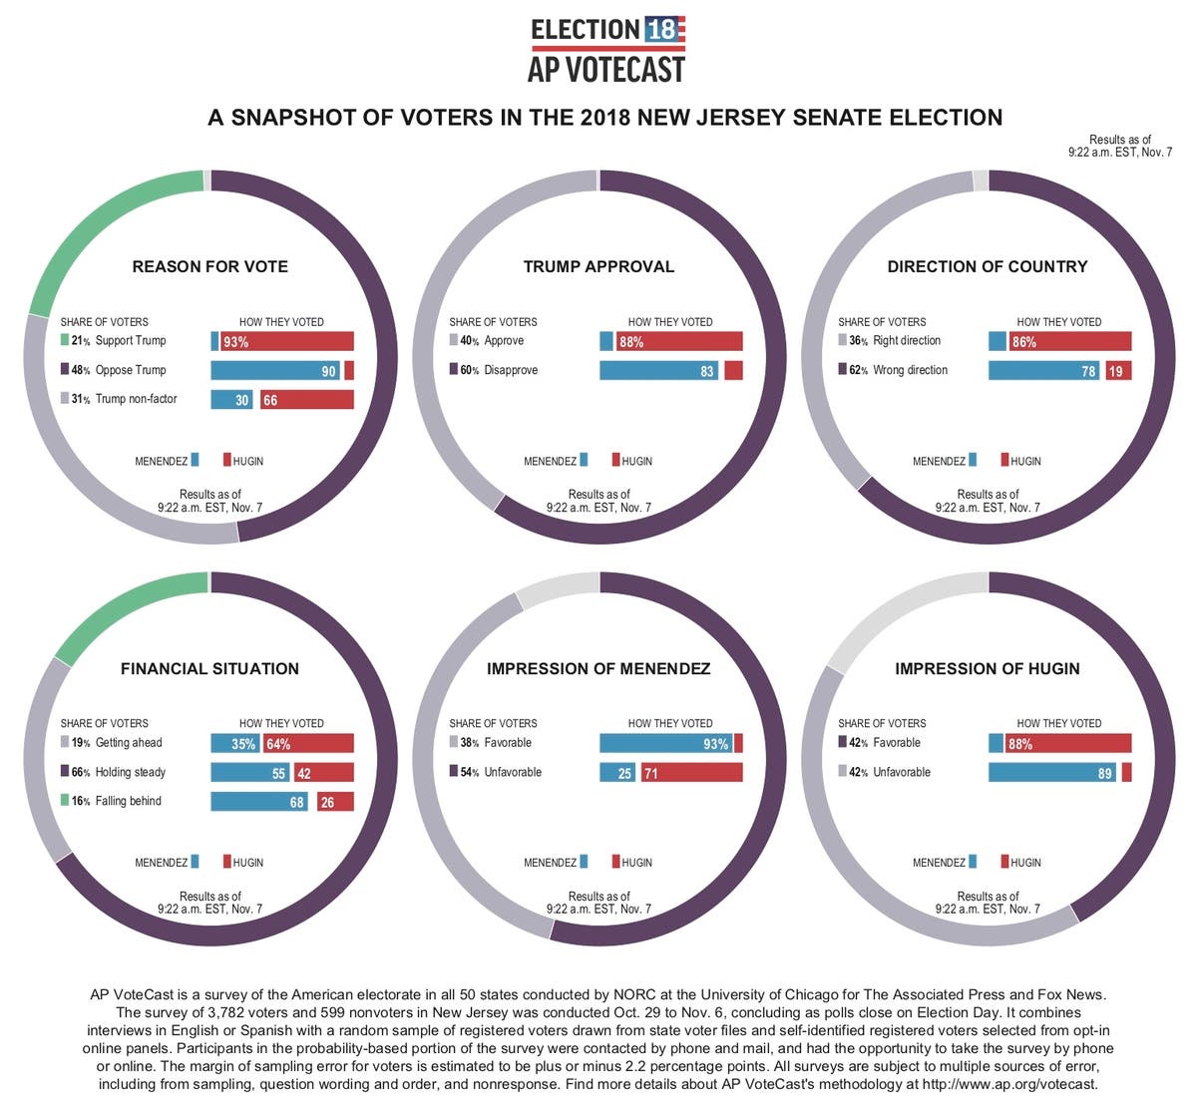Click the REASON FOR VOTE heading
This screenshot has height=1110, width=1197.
click(209, 266)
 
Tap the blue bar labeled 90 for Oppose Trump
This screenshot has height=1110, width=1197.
click(275, 371)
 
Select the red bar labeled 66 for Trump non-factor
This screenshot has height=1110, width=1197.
click(306, 400)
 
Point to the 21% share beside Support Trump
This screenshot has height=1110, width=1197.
click(80, 341)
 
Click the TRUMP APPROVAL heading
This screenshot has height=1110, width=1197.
click(598, 266)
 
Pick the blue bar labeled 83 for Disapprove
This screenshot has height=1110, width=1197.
click(658, 371)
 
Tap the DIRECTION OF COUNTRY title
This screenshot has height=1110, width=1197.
click(988, 266)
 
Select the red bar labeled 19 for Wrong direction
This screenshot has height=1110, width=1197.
click(1118, 371)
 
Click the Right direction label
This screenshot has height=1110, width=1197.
click(907, 341)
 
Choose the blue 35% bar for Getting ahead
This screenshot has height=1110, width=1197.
click(234, 744)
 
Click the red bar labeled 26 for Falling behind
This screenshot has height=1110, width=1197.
click(335, 802)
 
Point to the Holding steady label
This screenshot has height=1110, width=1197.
click(131, 772)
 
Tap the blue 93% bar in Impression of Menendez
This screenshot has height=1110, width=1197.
click(665, 744)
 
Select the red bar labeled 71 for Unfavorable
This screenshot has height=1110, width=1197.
click(691, 773)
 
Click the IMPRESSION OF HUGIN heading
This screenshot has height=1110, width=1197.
click(988, 668)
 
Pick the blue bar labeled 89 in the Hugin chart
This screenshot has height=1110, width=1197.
click(1051, 773)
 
